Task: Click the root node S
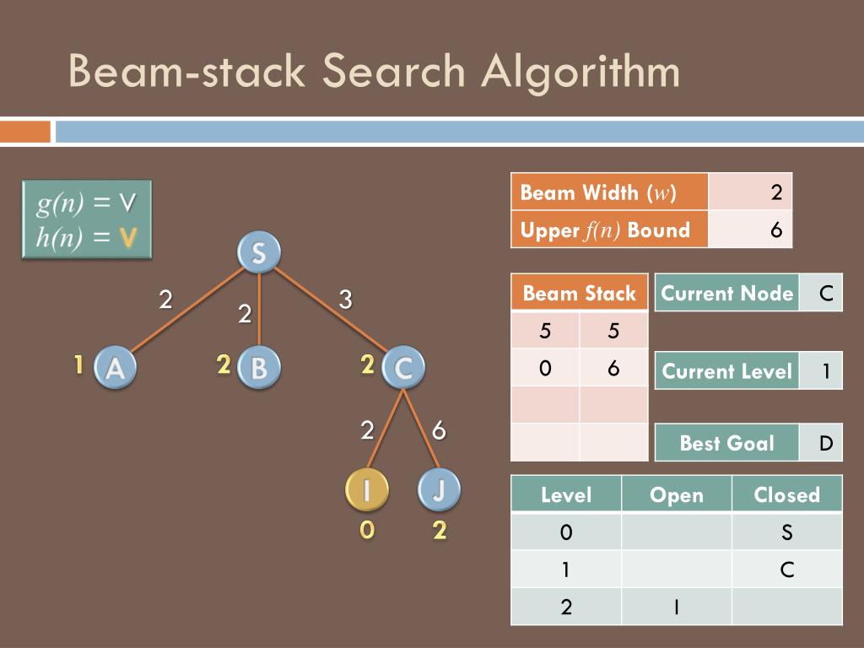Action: click(x=258, y=252)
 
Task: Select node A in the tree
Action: click(x=115, y=368)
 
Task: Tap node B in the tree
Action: click(x=258, y=368)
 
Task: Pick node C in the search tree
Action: click(x=403, y=368)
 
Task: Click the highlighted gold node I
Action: click(x=366, y=490)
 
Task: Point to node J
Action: click(x=439, y=490)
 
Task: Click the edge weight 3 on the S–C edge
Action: click(x=345, y=299)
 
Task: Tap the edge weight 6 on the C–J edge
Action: click(x=439, y=430)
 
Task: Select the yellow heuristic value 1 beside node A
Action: click(x=78, y=365)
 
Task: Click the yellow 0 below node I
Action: click(x=366, y=532)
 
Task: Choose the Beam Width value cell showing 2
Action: click(x=750, y=192)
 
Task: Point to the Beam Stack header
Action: click(x=579, y=294)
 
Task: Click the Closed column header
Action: click(x=786, y=494)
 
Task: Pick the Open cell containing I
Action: click(x=676, y=607)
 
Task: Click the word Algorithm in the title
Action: click(x=581, y=72)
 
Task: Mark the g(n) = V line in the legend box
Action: click(x=86, y=203)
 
